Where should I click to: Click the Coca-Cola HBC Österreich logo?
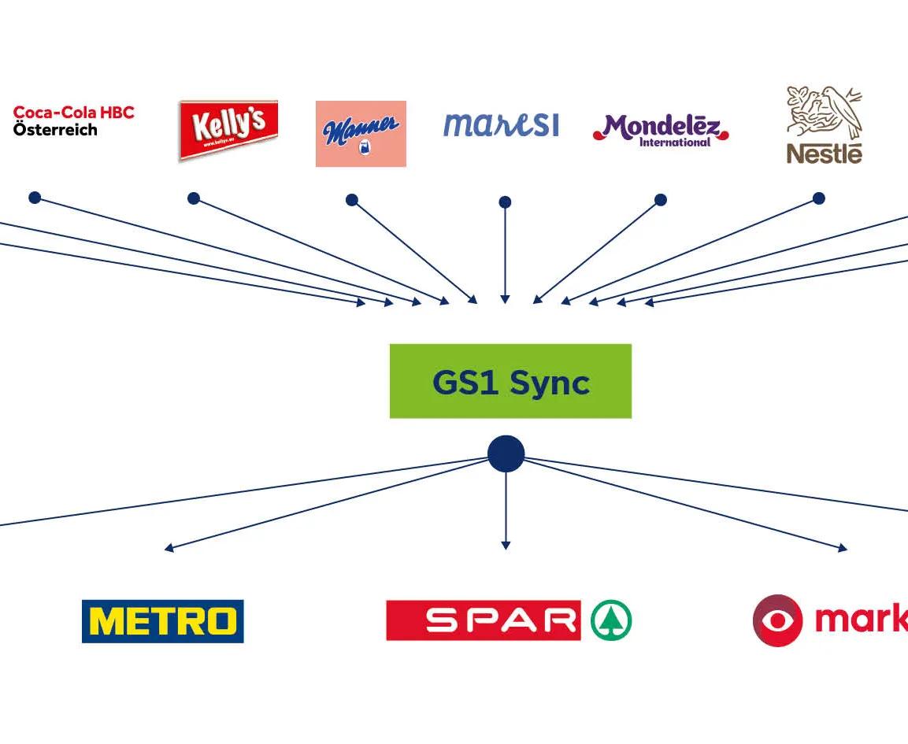(x=73, y=120)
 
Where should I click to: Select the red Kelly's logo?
(x=228, y=129)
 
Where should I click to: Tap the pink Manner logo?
(x=361, y=133)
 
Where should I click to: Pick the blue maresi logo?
(x=501, y=124)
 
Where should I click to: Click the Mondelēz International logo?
(x=661, y=130)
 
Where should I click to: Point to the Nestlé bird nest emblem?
(x=825, y=113)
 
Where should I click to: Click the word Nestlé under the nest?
(x=825, y=154)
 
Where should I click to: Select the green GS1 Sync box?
(x=510, y=381)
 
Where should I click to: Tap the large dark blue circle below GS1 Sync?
(x=506, y=454)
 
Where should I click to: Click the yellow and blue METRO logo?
(x=162, y=621)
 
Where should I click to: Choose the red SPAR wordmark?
(x=484, y=620)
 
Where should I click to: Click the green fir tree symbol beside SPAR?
(x=612, y=620)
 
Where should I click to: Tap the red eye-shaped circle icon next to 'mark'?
(x=777, y=620)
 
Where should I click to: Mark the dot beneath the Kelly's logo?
(x=194, y=198)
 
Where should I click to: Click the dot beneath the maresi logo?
(x=505, y=202)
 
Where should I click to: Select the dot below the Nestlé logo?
(x=819, y=198)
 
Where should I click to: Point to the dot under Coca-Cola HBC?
(x=35, y=198)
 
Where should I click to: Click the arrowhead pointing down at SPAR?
(x=506, y=545)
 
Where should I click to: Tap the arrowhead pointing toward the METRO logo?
(x=169, y=548)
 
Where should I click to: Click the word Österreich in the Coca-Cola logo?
(x=55, y=130)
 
